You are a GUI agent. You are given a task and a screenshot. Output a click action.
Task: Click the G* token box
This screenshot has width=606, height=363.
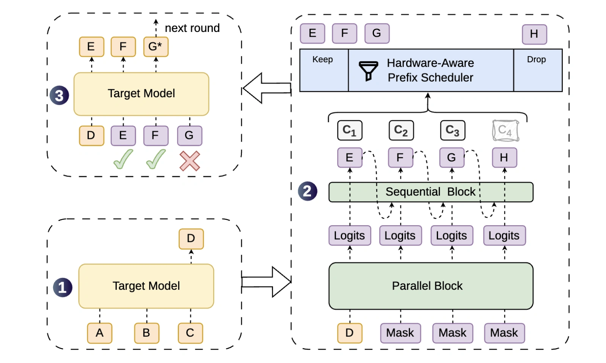(156, 47)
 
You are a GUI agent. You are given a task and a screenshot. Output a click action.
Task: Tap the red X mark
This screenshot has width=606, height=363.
(190, 161)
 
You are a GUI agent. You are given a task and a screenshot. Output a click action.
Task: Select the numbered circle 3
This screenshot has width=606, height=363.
(59, 95)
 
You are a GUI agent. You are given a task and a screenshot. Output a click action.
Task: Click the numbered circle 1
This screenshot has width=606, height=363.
(63, 287)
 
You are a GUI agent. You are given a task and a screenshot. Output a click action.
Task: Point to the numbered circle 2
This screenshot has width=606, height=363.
(308, 191)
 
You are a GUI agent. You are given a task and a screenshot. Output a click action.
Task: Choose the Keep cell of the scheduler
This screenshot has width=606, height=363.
(324, 70)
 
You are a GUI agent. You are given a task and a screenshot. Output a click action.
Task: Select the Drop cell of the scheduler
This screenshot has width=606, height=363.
(538, 70)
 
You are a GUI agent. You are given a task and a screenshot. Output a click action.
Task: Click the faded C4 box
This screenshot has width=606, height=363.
(506, 131)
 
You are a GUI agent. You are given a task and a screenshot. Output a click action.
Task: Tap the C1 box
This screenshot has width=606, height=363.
(350, 130)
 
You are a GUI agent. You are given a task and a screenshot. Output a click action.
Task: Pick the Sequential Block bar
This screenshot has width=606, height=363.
(431, 192)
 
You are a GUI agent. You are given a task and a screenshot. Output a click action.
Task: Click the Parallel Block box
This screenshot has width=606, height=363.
(431, 286)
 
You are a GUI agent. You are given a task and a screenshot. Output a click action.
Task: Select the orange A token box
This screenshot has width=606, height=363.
(100, 333)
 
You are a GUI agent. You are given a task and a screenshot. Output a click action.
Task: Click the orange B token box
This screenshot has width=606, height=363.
(147, 333)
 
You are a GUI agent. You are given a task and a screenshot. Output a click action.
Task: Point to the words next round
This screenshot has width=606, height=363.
(192, 28)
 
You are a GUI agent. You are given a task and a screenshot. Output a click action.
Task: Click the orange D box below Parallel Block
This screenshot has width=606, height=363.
(350, 333)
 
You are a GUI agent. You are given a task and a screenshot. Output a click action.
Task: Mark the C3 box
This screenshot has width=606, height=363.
(453, 130)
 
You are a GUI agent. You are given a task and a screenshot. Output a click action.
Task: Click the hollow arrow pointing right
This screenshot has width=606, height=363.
(266, 282)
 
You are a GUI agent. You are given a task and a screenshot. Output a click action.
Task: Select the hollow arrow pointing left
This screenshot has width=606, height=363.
(267, 88)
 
